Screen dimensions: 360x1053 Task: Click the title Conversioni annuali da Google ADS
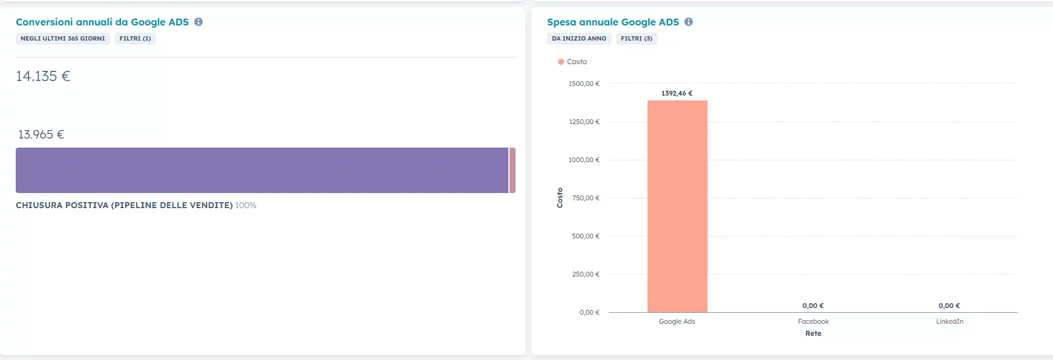click(x=102, y=22)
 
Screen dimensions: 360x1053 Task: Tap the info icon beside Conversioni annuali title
click(x=198, y=22)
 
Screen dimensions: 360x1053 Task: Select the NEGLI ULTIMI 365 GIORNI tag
click(x=63, y=39)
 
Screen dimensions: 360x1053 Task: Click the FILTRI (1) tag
click(x=135, y=39)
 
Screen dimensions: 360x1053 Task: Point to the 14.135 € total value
click(x=43, y=76)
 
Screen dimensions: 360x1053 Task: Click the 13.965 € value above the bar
click(x=41, y=134)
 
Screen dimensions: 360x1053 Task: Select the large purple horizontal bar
click(x=261, y=170)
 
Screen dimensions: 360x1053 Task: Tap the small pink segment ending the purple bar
click(x=513, y=170)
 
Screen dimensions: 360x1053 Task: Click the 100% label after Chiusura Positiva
click(x=246, y=206)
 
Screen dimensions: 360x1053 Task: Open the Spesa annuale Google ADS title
click(x=613, y=22)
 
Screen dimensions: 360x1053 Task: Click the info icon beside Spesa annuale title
click(x=689, y=22)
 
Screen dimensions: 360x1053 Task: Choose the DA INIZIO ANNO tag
click(x=579, y=39)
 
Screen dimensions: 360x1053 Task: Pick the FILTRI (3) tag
click(x=637, y=39)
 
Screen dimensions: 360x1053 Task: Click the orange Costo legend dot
click(x=561, y=62)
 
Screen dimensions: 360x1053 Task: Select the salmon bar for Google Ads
click(x=677, y=206)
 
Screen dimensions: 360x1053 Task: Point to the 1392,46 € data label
click(x=677, y=93)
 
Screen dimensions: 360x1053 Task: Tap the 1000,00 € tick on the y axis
click(x=584, y=160)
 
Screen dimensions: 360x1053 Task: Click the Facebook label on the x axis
click(x=813, y=321)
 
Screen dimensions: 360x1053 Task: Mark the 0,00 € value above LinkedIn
click(x=950, y=306)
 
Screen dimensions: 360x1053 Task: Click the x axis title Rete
click(x=813, y=333)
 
